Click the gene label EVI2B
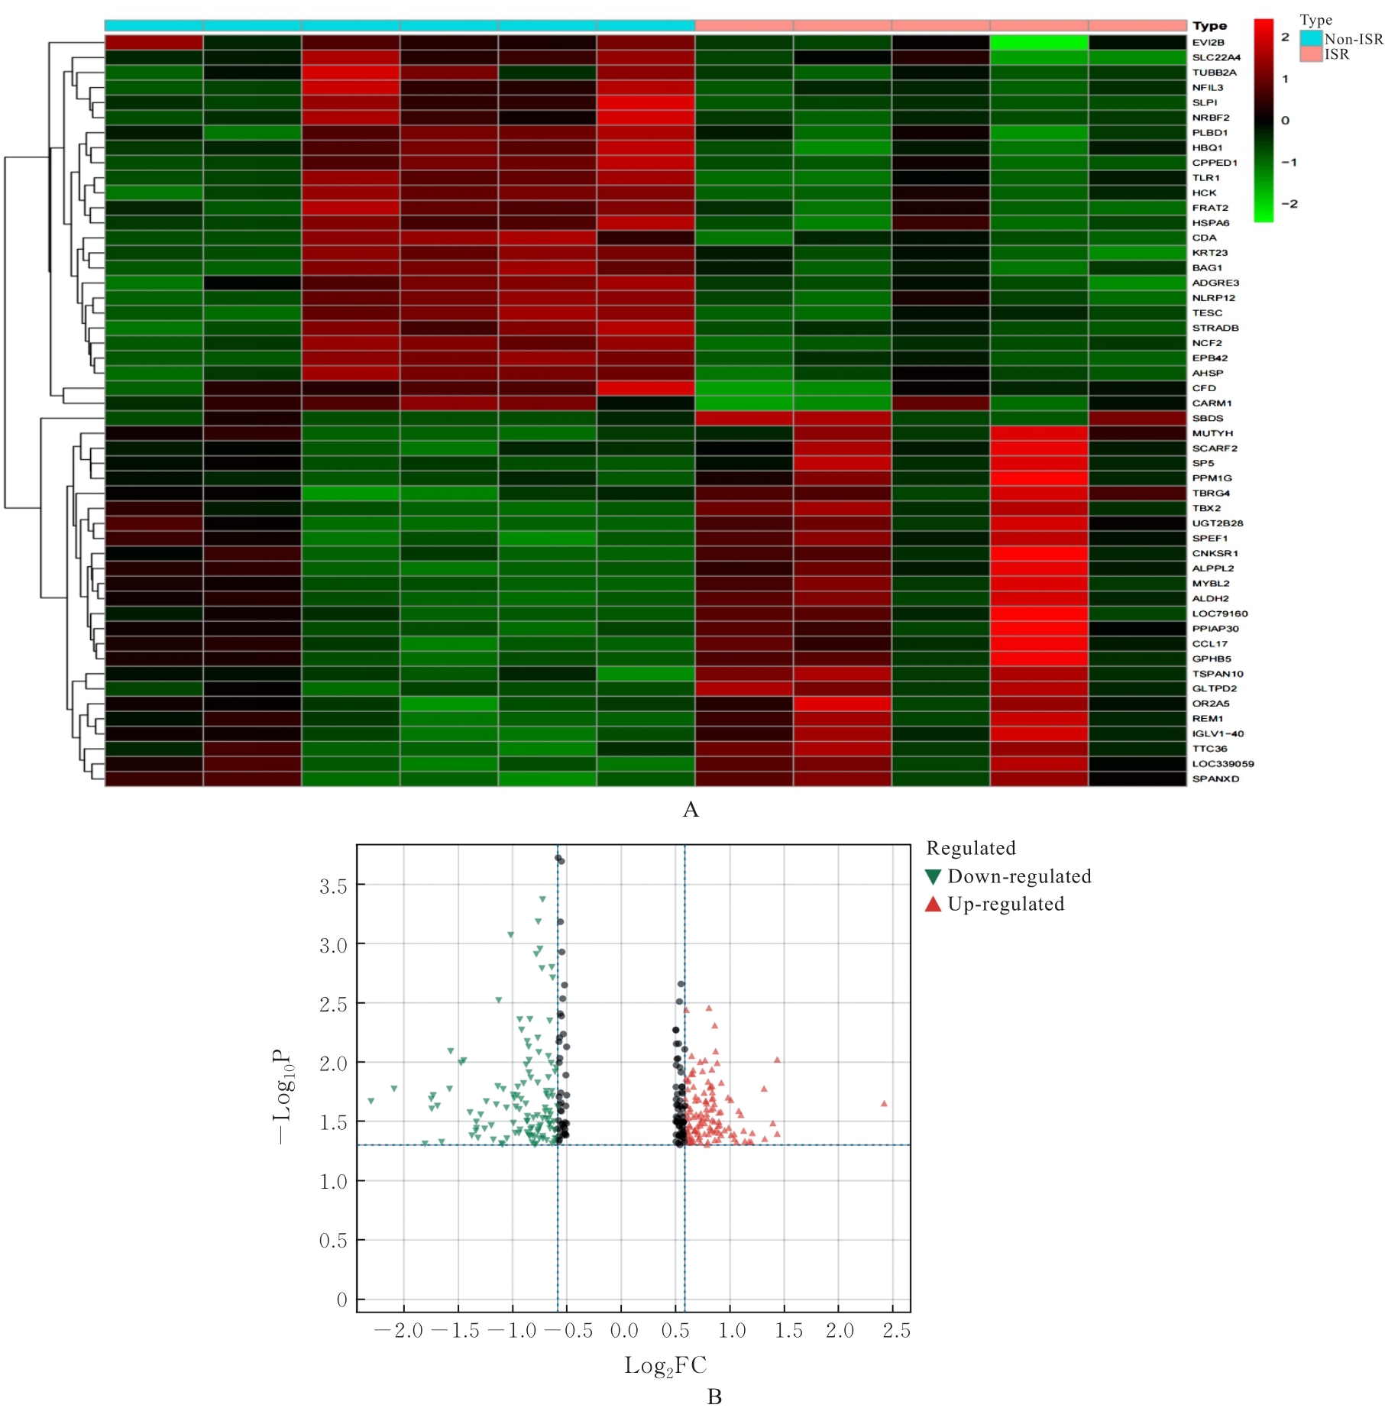tap(1208, 43)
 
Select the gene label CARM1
tap(1212, 403)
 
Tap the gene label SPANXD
tap(1215, 779)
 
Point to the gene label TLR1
tap(1205, 178)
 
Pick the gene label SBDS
tap(1208, 419)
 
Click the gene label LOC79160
tap(1219, 613)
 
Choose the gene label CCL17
tap(1210, 644)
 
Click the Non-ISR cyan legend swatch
tap(1311, 38)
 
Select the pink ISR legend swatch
tap(1311, 54)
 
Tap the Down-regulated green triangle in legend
tap(933, 877)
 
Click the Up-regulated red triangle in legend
tap(933, 905)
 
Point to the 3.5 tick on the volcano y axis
tap(333, 886)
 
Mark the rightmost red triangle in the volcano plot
tap(884, 1104)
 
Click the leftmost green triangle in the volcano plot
tap(371, 1102)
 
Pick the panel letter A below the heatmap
tap(691, 810)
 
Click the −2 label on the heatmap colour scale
tap(1289, 204)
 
